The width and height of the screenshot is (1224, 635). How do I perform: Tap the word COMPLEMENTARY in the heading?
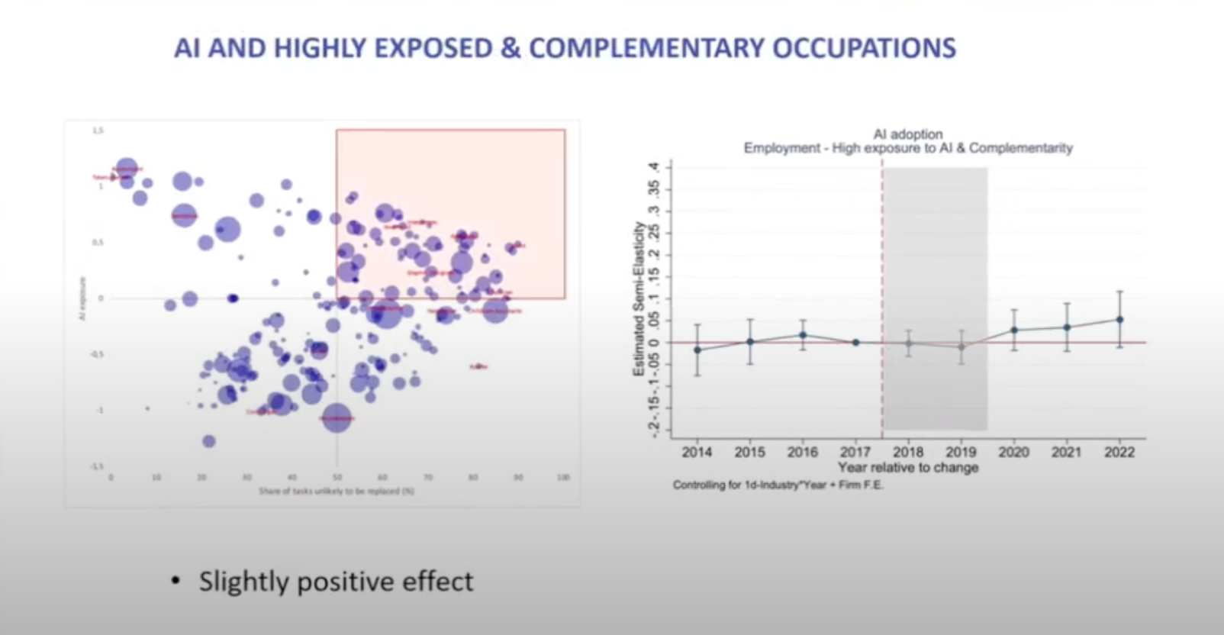[x=646, y=48]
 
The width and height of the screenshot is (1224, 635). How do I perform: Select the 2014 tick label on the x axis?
[x=697, y=452]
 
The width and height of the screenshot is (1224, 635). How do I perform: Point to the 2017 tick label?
[x=855, y=452]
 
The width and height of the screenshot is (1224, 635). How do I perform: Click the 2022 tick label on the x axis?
[x=1119, y=452]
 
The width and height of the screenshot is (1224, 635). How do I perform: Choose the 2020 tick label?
[x=1013, y=452]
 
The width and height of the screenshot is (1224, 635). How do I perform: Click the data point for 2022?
[x=1119, y=320]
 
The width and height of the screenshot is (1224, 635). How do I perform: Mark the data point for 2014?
[x=697, y=350]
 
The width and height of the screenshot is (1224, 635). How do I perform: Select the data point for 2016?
[x=803, y=334]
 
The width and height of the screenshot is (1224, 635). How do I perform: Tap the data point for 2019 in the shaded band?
[x=961, y=347]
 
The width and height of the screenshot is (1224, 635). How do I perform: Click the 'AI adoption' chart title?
[x=908, y=134]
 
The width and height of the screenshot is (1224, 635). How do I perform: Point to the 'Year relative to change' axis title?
[x=908, y=467]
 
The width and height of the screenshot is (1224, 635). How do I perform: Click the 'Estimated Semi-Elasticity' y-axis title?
[x=639, y=298]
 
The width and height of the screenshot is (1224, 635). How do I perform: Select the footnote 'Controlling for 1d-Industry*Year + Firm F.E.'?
[x=778, y=485]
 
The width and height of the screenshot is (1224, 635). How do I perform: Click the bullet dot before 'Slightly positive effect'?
[x=176, y=582]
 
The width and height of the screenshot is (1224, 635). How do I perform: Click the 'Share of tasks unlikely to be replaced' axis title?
[x=336, y=491]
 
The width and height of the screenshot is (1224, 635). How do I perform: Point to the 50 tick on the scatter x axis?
[x=337, y=477]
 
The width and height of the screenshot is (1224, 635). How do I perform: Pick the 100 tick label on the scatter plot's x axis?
[x=563, y=477]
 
